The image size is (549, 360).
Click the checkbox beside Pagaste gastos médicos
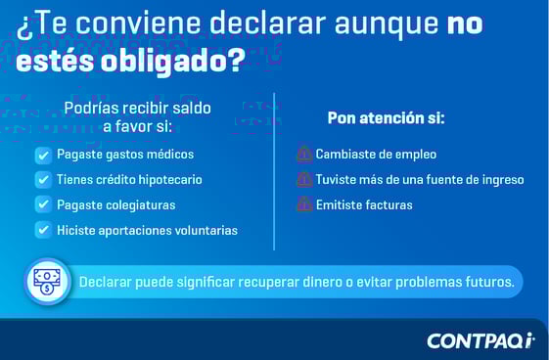[x=43, y=155]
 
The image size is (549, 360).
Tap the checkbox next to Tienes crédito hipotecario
[x=43, y=180]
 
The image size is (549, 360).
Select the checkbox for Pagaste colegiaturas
[x=43, y=205]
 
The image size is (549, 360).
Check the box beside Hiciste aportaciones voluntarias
[x=43, y=230]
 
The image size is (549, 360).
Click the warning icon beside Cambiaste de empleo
[x=303, y=155]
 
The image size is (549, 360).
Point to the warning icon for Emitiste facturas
[x=303, y=205]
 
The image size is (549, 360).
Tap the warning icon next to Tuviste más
[x=303, y=180]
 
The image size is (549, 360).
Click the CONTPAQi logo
[x=480, y=340]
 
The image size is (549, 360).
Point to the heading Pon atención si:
[x=386, y=118]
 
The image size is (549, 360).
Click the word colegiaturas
[x=141, y=205]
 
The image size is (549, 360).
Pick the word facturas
[x=387, y=205]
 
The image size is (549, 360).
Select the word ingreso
[x=499, y=180]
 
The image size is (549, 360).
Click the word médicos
[x=170, y=155]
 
